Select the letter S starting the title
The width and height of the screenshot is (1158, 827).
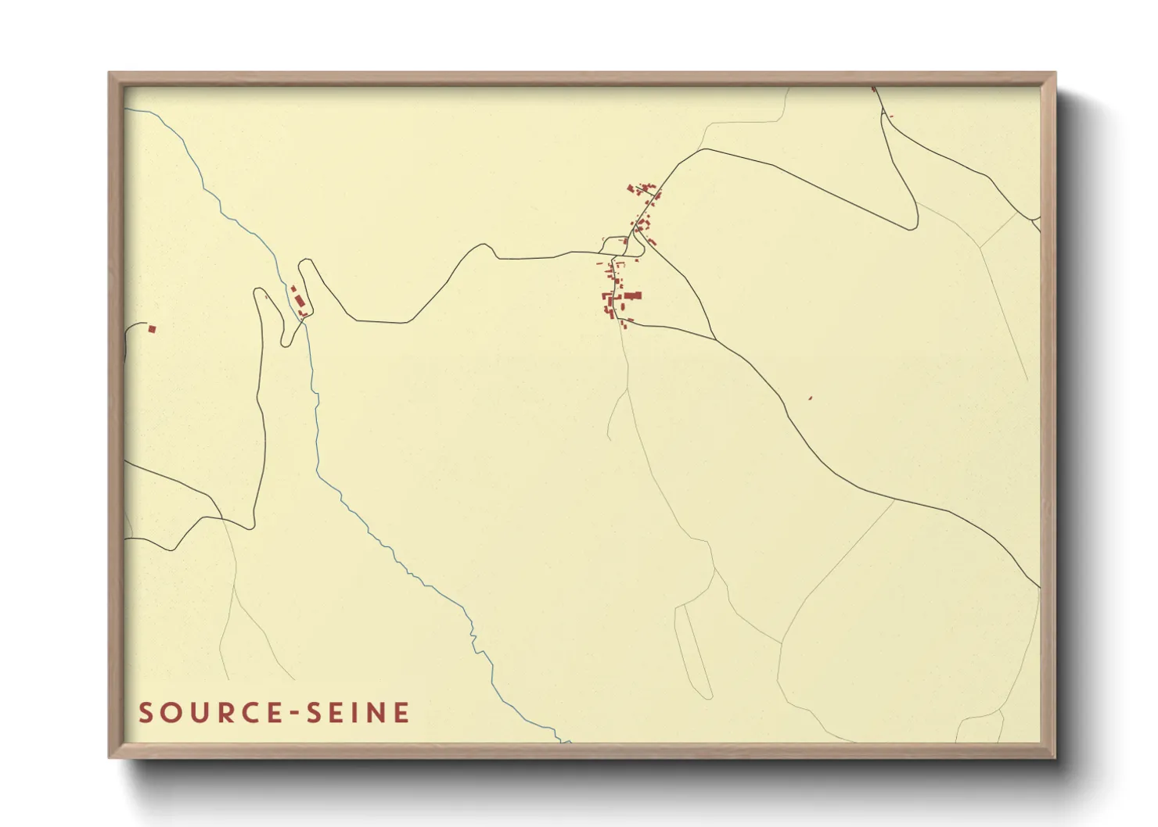pos(146,713)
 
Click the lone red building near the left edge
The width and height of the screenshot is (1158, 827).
pos(152,329)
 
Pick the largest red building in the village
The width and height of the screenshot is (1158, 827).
pos(632,295)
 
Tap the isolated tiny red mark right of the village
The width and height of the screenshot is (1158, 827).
pos(810,399)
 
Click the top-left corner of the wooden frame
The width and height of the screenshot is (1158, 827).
pos(110,73)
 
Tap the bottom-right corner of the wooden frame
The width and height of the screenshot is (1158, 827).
pos(1055,757)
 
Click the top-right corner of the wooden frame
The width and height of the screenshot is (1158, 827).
pos(1055,73)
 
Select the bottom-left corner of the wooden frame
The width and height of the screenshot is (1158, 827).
pos(110,757)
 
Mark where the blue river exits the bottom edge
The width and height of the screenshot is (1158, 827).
pos(566,741)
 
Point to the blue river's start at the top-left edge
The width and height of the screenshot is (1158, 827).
pos(127,109)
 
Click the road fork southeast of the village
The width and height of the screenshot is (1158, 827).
pos(714,338)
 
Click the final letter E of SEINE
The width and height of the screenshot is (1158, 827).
pos(401,713)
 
